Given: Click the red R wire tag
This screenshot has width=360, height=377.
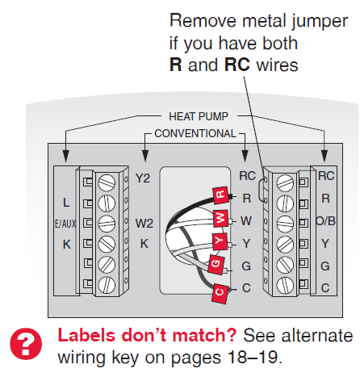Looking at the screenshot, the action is pos(220,195).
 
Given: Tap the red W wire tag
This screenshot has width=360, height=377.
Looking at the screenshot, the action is pos(220,217).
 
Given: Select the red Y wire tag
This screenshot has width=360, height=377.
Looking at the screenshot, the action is pos(220,241).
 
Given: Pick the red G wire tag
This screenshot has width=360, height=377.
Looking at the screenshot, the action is pos(216,264).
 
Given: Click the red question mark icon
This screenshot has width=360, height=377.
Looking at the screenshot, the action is pos(26,343).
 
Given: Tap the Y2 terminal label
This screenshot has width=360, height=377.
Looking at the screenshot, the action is pos(143,178).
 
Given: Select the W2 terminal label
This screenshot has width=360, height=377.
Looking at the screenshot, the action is pos(144,224).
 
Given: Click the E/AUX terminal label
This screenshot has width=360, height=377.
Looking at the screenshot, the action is pos(65,224).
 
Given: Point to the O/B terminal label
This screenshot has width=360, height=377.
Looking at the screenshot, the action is pos(325,221).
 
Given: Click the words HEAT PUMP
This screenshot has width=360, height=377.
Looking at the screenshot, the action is pos(199,116).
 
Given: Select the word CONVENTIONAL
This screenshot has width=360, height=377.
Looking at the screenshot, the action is pos(195,133).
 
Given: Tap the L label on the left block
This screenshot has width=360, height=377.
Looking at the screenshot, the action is pos(66,203).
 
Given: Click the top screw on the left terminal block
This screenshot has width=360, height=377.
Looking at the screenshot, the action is pos(107,182).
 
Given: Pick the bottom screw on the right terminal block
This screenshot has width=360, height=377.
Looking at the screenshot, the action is pos(285,285).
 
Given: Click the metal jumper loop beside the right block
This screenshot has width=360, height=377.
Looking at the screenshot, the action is pos(259,190).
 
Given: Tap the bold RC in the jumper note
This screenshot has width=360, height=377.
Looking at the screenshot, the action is pos(237,65).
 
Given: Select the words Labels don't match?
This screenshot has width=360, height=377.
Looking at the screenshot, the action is pos(147,335).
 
